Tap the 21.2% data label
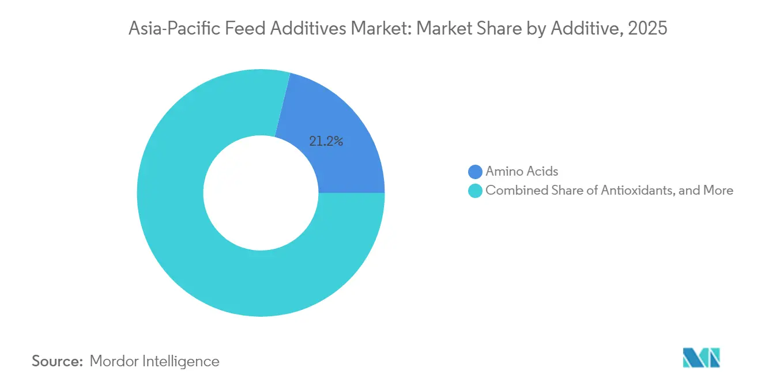pyautogui.click(x=326, y=141)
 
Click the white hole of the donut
pyautogui.click(x=260, y=193)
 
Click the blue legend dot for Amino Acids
pyautogui.click(x=475, y=172)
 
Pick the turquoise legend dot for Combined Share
pyautogui.click(x=475, y=191)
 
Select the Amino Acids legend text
pyautogui.click(x=522, y=172)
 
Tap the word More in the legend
pyautogui.click(x=718, y=191)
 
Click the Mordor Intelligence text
pyautogui.click(x=155, y=361)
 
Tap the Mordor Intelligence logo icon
pyautogui.click(x=701, y=358)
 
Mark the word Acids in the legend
pyautogui.click(x=543, y=172)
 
